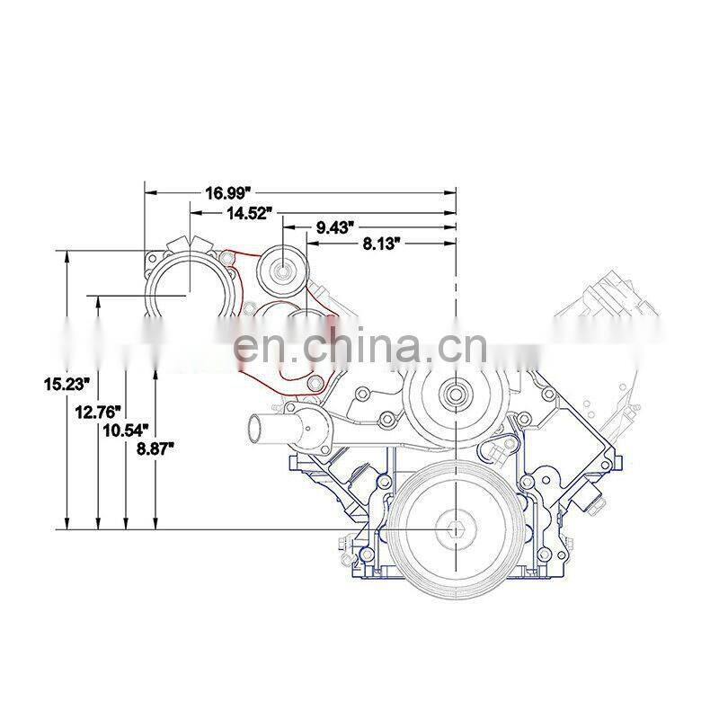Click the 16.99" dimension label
pyautogui.click(x=229, y=193)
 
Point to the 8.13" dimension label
pyautogui.click(x=378, y=244)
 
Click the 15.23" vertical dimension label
pyautogui.click(x=66, y=384)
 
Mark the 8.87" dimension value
pyautogui.click(x=155, y=448)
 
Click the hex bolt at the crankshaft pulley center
pyautogui.click(x=456, y=530)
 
